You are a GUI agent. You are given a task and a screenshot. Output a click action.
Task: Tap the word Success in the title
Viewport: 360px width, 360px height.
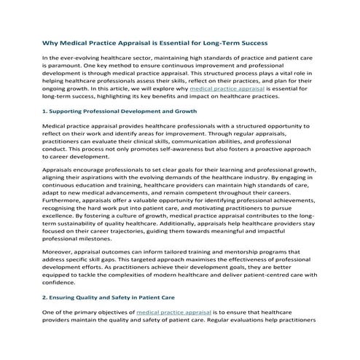250,43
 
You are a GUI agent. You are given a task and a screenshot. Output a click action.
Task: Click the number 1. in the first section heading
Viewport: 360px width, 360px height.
46,111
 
